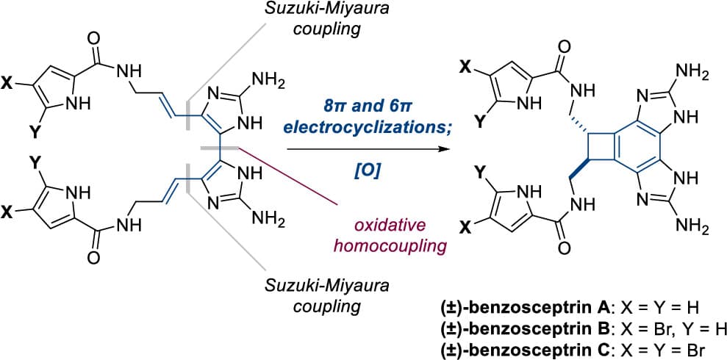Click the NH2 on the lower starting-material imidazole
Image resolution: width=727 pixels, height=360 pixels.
(268, 217)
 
